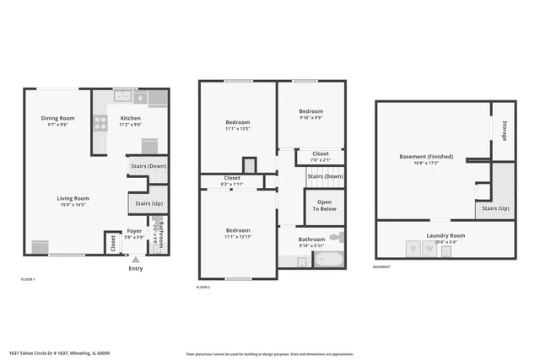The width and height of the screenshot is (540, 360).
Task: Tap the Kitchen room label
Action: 130,118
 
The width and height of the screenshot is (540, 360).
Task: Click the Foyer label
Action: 134,230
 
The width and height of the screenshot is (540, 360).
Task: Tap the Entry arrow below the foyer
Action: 135,260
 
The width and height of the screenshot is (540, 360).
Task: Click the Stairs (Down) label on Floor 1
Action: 148,166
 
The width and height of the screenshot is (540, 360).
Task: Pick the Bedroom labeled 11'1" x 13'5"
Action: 238,123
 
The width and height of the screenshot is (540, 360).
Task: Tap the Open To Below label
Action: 325,205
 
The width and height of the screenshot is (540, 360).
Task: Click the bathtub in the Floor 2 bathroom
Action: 328,261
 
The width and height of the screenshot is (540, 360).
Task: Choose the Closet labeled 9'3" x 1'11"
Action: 231,179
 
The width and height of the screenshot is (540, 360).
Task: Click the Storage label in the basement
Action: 504,131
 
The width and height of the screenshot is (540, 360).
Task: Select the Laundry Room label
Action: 446,235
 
